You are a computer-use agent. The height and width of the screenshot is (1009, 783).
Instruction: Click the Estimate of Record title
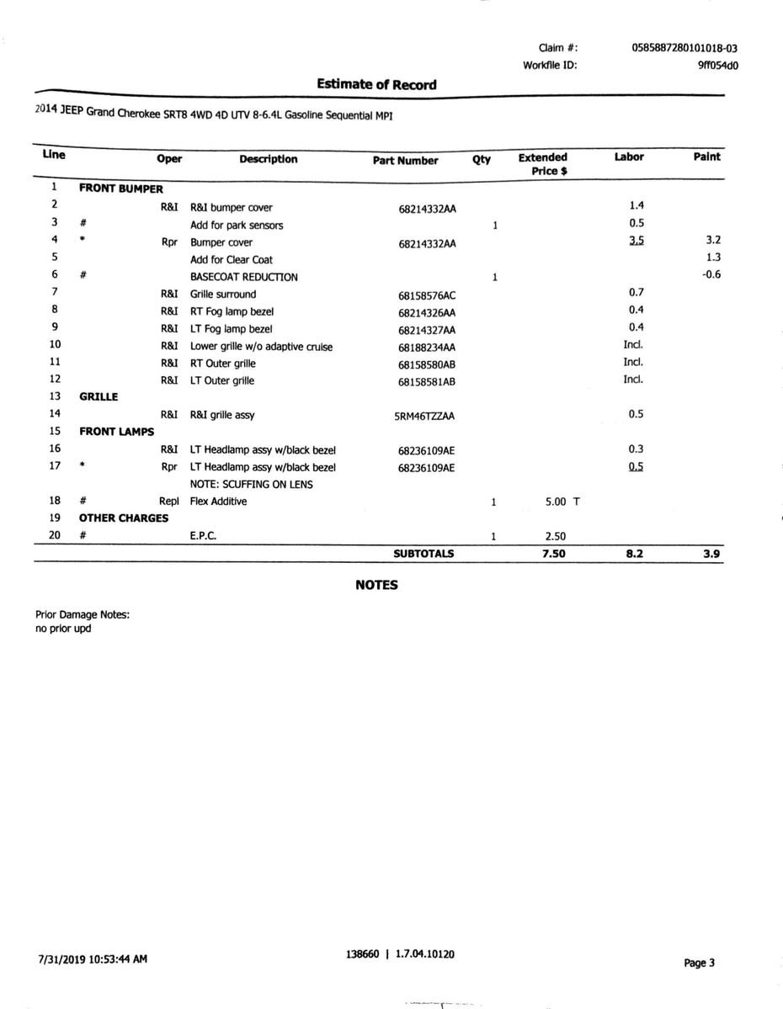(376, 84)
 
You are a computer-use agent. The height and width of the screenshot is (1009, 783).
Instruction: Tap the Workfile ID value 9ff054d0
(717, 65)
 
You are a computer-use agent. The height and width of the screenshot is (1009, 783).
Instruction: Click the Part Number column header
(405, 160)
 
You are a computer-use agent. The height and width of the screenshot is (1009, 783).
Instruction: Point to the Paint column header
(706, 157)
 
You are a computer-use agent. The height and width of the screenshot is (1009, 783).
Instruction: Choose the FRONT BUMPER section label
(120, 189)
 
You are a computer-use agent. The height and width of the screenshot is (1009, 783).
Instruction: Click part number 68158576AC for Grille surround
(426, 295)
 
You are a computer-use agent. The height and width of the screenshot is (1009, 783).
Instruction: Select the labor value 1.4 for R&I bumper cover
(637, 205)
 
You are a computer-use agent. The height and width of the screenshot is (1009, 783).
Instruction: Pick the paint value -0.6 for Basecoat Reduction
(711, 274)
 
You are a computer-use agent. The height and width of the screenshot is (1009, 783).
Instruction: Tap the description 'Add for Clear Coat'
(232, 260)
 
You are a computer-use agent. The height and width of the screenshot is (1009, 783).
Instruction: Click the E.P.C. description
(204, 536)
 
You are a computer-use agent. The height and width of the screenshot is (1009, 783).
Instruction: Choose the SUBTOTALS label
(423, 554)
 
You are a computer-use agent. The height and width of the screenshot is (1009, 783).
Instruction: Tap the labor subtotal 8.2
(634, 554)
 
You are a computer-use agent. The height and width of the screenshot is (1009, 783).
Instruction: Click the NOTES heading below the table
(376, 585)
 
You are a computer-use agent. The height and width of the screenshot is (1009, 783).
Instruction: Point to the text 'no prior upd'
(63, 629)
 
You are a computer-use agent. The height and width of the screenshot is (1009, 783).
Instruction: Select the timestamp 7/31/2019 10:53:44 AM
(93, 958)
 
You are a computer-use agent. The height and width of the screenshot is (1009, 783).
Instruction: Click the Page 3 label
(699, 963)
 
